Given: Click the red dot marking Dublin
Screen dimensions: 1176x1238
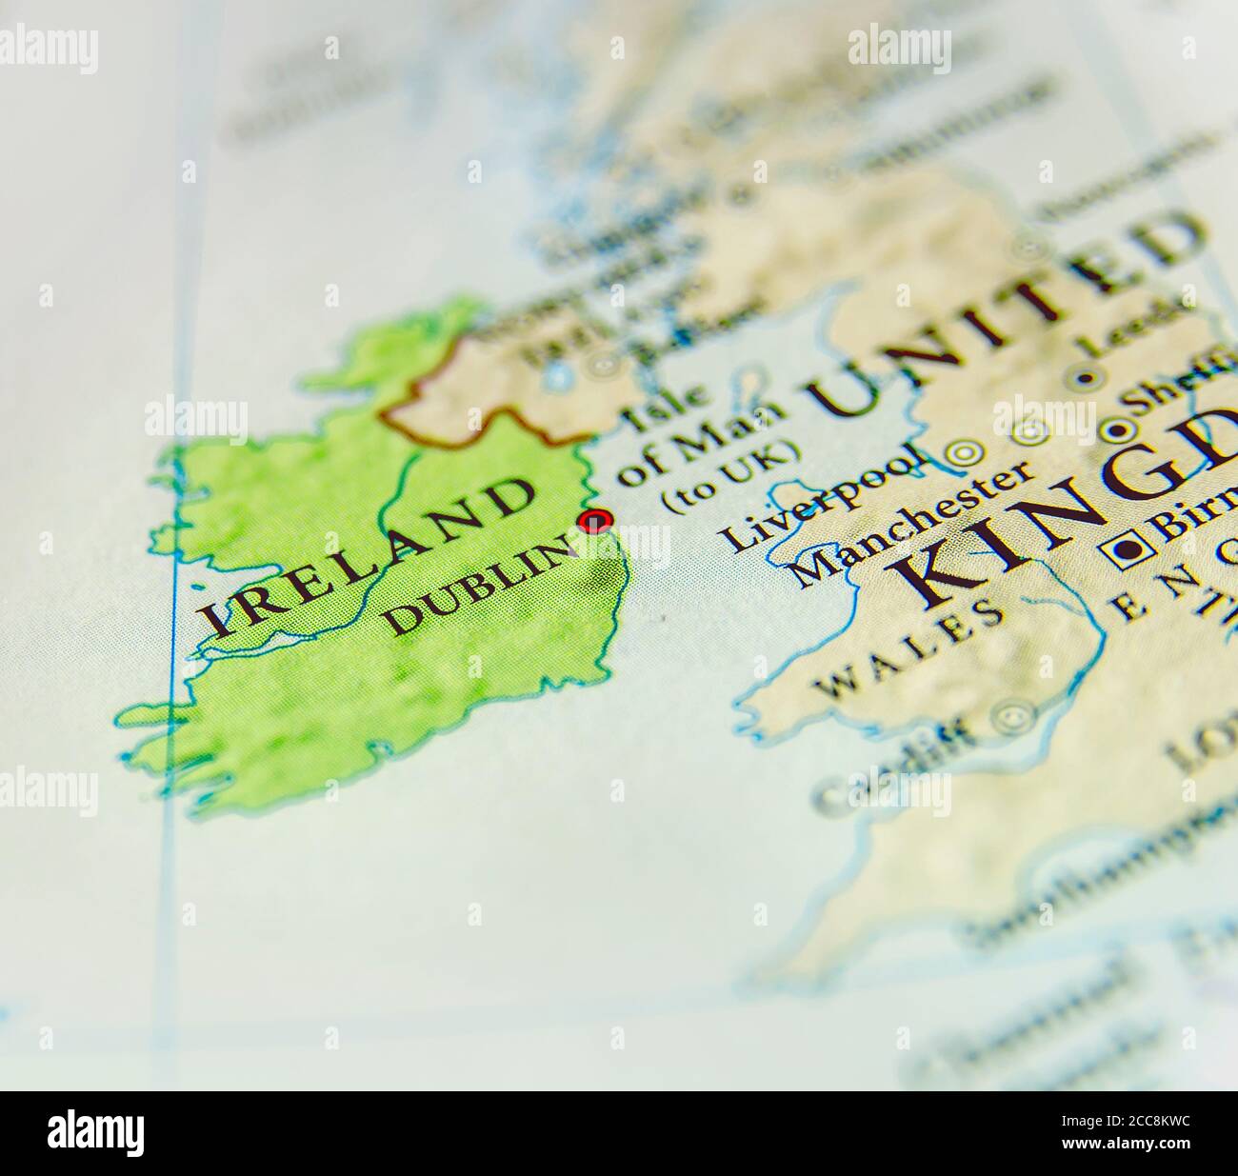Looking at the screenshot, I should (596, 520).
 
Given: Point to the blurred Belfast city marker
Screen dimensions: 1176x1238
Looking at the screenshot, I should (602, 362).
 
